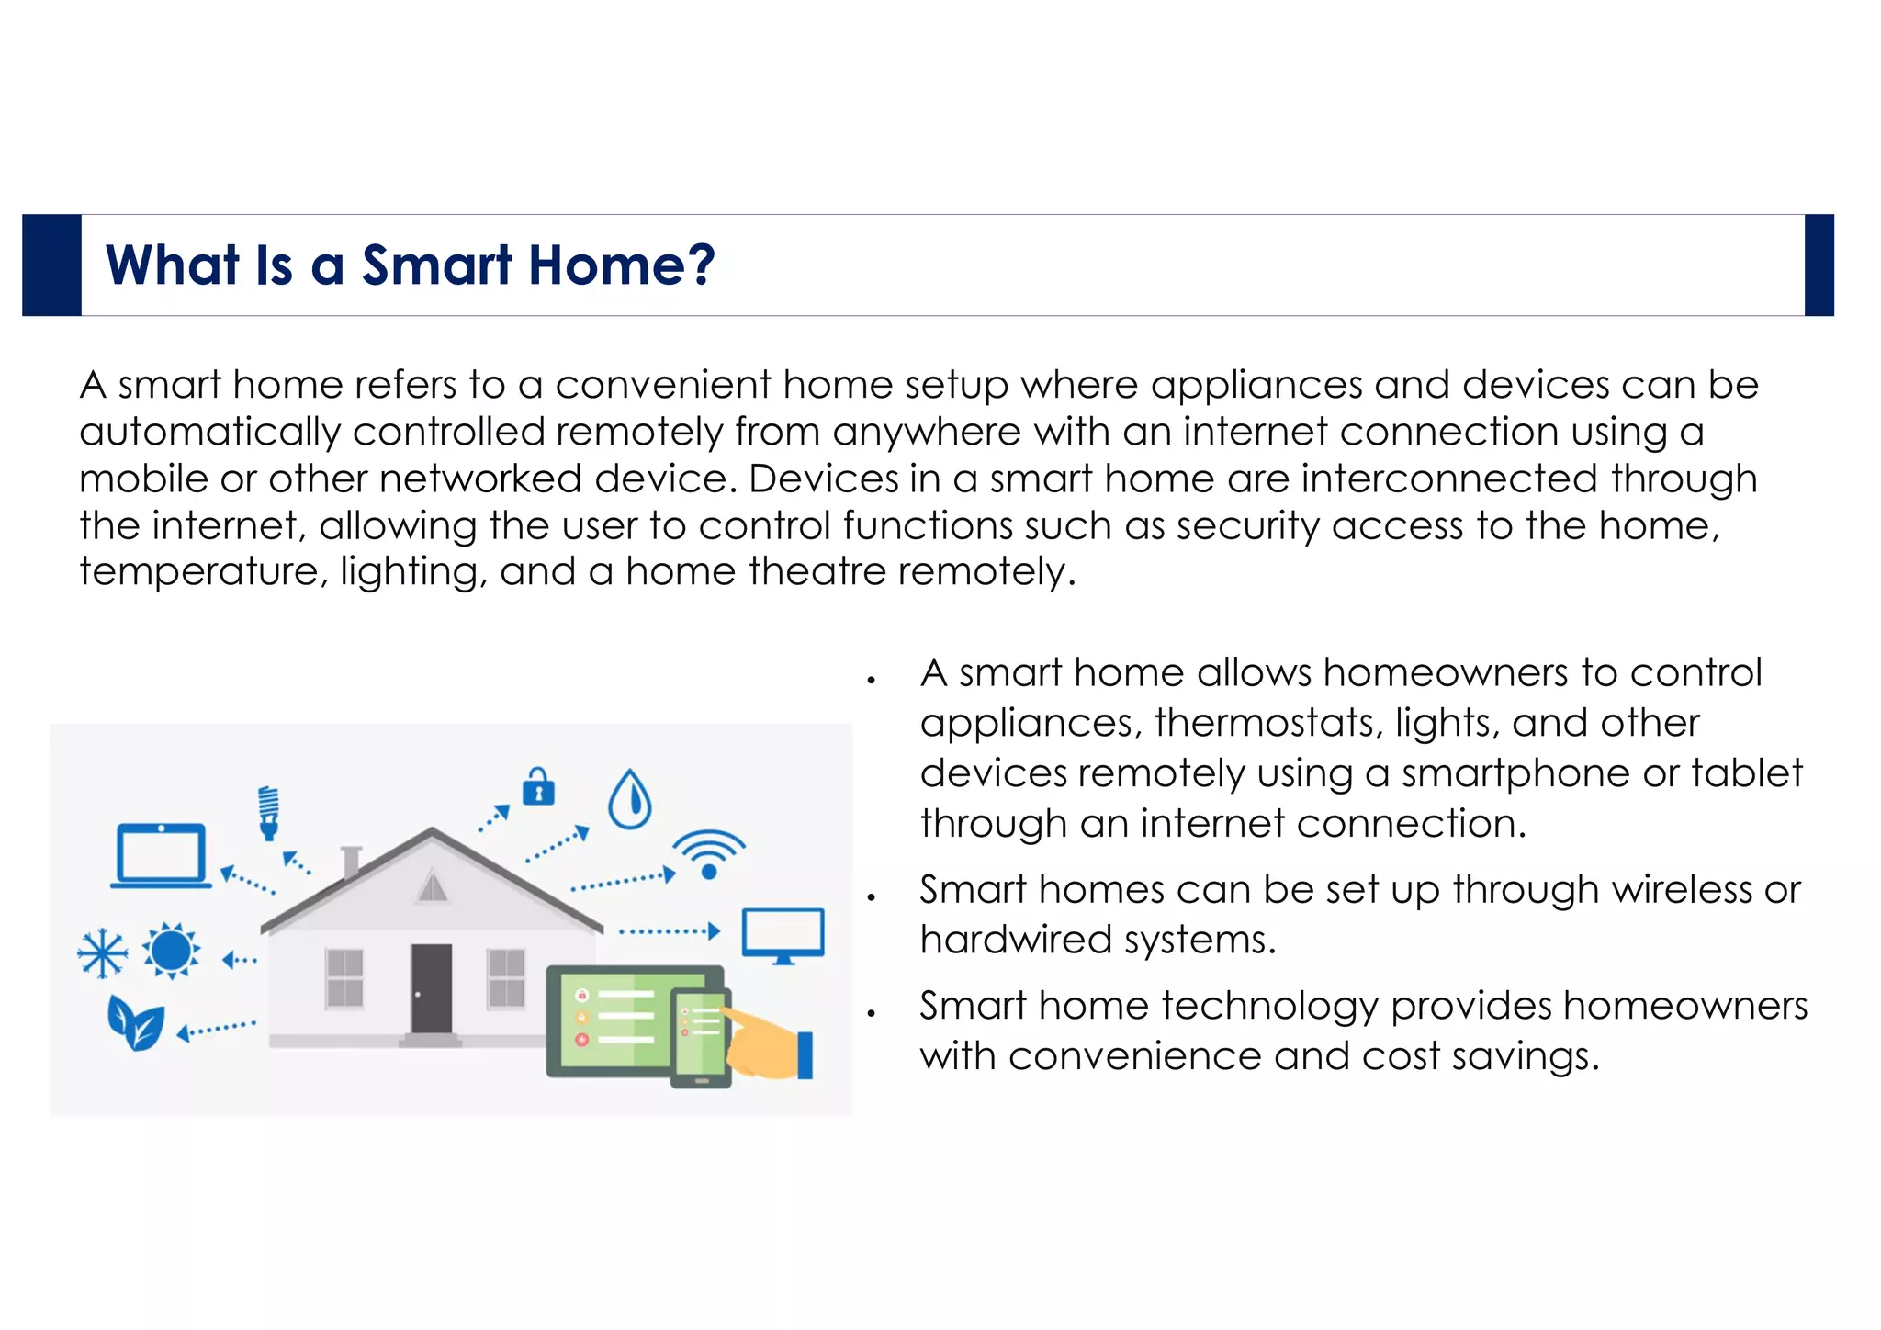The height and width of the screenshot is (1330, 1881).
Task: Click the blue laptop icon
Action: [x=161, y=855]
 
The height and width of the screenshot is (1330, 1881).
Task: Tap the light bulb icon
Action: [x=268, y=812]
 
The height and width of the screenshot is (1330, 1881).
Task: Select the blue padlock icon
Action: [x=538, y=787]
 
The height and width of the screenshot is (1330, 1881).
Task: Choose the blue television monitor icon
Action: [x=783, y=935]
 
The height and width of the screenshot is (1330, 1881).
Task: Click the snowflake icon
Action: [x=102, y=953]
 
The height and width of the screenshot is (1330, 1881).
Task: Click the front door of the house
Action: [x=431, y=988]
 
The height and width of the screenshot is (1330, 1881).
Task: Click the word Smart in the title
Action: [x=436, y=265]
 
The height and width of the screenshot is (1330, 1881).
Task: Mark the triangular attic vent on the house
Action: [x=432, y=887]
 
